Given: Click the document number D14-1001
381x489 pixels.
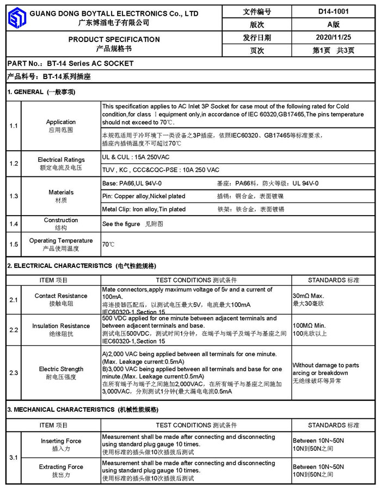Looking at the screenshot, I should (x=333, y=11).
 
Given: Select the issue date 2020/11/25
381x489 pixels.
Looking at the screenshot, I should (x=333, y=38).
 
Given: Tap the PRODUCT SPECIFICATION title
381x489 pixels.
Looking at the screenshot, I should (x=114, y=39).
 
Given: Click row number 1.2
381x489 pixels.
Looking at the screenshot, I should (x=14, y=163).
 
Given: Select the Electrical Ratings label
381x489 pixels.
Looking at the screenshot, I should (x=61, y=160).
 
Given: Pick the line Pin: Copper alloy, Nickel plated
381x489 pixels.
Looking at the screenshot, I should (x=144, y=196).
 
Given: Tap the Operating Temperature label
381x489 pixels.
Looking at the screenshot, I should (x=61, y=241).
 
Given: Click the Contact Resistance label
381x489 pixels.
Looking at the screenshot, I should (x=61, y=296).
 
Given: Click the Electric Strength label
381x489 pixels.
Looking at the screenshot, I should (x=61, y=369).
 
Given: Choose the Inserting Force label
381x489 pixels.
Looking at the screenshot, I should (x=61, y=441).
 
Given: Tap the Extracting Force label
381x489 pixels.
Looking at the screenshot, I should (x=61, y=467).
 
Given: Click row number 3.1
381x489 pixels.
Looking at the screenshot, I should (x=14, y=458).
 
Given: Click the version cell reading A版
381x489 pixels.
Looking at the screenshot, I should (x=333, y=25).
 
